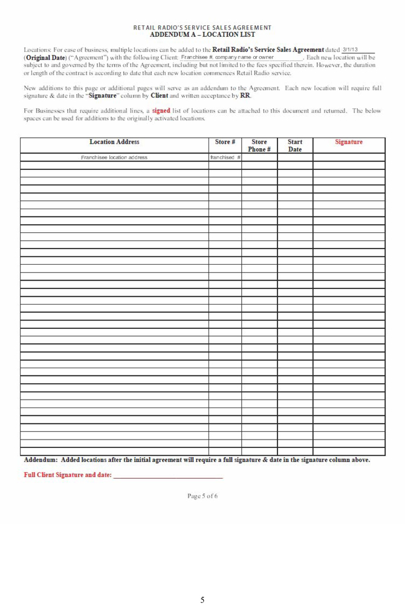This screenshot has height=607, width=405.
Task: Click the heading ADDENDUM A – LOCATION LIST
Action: (202, 34)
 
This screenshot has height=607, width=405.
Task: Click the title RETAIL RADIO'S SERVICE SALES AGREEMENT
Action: (202, 28)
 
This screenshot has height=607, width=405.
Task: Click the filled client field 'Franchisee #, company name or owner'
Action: (228, 57)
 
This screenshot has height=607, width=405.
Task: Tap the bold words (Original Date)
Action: (44, 57)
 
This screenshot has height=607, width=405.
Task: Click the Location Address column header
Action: (114, 143)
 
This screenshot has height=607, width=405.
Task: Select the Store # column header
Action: (225, 143)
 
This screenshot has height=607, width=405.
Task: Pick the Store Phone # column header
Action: (259, 146)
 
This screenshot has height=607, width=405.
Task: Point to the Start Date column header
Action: (295, 146)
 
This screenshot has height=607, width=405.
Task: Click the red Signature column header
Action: (349, 143)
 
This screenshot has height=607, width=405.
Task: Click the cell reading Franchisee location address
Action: (114, 157)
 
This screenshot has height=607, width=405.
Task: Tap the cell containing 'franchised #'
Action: (225, 157)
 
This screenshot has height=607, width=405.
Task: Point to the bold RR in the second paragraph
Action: (245, 96)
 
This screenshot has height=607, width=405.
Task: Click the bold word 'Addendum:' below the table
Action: (41, 460)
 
